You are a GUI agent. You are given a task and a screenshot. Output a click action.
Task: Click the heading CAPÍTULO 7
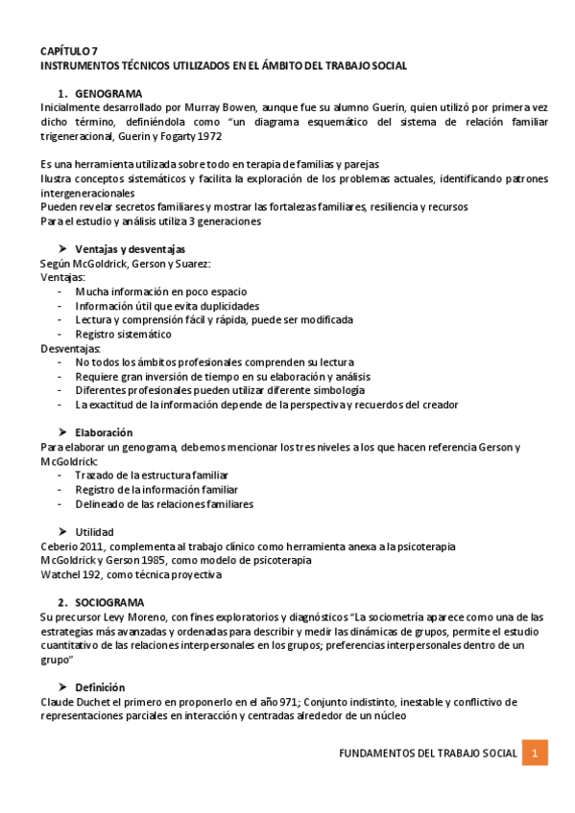click(68, 50)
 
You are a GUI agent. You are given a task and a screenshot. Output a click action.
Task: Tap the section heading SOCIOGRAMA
click(109, 602)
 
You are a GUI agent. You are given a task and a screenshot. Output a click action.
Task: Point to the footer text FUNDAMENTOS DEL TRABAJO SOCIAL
click(428, 754)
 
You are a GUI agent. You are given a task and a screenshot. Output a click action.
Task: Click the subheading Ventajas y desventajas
click(130, 249)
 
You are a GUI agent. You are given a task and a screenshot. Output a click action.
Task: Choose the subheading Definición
click(100, 687)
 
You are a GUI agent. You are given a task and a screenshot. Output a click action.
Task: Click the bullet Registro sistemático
click(124, 334)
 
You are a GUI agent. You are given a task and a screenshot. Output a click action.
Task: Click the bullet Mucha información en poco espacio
click(160, 291)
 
